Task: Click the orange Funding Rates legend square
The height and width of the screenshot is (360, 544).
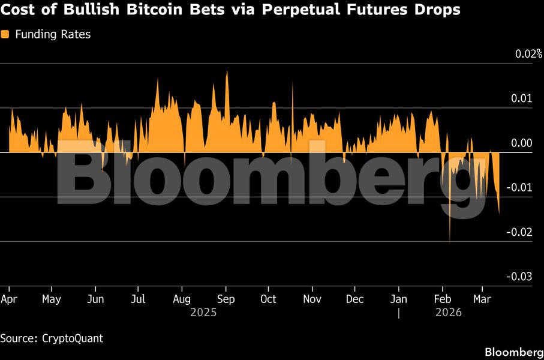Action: click(x=5, y=35)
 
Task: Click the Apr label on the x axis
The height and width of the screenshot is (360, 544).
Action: click(x=9, y=299)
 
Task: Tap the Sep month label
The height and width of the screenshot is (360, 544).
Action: click(x=226, y=299)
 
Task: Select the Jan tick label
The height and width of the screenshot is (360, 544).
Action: click(x=399, y=299)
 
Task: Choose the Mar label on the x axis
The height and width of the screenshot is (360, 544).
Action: click(x=482, y=299)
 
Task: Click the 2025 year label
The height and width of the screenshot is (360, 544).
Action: click(x=203, y=313)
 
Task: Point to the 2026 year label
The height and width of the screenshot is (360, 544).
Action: click(x=448, y=313)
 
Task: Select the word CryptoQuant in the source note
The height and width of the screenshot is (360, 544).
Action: click(x=73, y=338)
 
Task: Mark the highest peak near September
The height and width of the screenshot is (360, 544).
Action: click(x=227, y=72)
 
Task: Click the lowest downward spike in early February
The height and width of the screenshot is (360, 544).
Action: click(x=450, y=242)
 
